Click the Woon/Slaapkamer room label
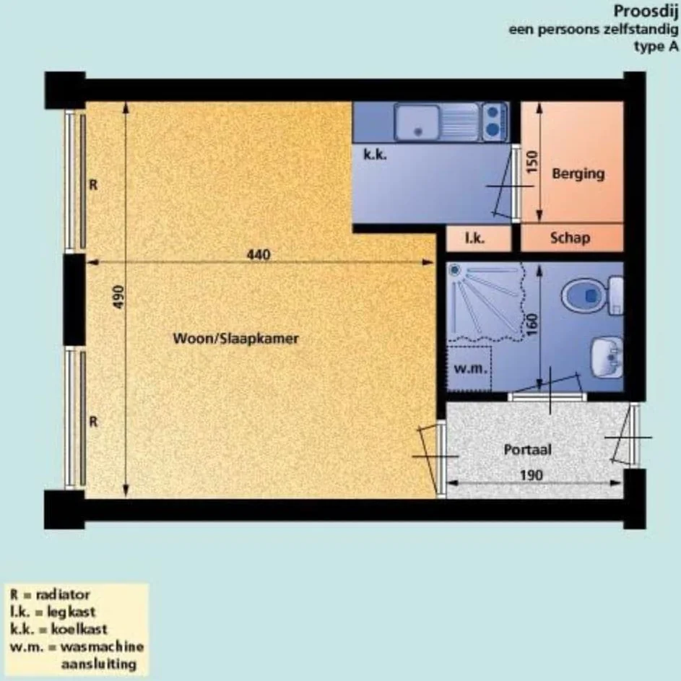coord(236,338)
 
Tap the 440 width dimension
coord(259,254)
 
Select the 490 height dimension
coord(118,297)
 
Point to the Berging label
coord(578,174)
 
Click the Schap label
coord(570,238)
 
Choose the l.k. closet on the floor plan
coord(479,238)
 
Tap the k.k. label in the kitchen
coord(375,154)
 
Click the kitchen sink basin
coord(417,123)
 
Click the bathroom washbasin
coord(608,357)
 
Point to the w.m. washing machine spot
coord(471,369)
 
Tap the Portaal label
coord(528,449)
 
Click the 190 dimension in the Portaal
coord(532,475)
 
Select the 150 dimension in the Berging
coord(532,162)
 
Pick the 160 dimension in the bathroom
coord(532,324)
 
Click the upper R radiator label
coord(93,185)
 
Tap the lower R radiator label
coord(93,422)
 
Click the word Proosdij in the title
coord(646,12)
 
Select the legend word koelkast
coord(79,629)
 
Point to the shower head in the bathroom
coord(455,270)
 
